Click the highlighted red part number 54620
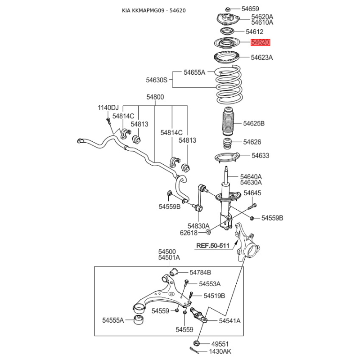[261, 43]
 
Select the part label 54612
[254, 32]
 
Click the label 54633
[260, 156]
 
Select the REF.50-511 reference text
[213, 246]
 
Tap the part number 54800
[155, 97]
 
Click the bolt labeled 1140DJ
[109, 121]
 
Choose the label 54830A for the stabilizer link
[198, 225]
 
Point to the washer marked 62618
[208, 232]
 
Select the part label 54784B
[200, 272]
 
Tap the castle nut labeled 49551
[197, 343]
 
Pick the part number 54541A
[229, 321]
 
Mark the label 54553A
[210, 284]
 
